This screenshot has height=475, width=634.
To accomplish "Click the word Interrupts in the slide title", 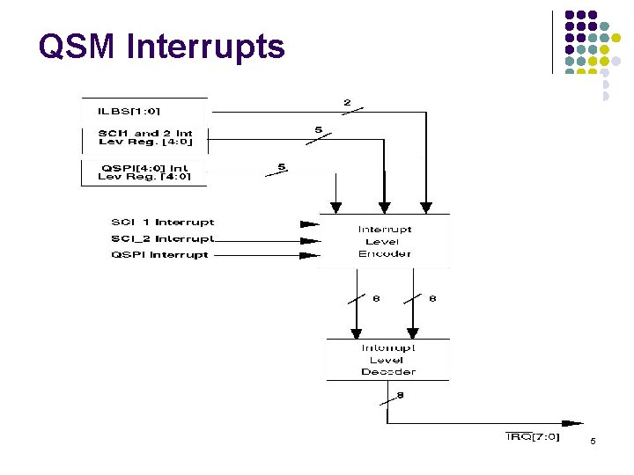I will (206, 46).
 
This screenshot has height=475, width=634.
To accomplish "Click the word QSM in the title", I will (78, 46).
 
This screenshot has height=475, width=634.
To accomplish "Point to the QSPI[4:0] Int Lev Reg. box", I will (144, 172).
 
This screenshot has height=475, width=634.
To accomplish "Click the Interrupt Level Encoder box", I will (384, 241).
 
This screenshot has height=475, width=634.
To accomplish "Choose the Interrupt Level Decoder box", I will (387, 360).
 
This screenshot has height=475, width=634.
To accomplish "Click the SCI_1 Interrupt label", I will (162, 223).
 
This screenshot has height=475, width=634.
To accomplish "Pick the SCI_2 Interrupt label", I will (162, 238).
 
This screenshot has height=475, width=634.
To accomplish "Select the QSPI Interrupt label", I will (159, 255).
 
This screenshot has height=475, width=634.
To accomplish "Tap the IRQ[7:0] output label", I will (533, 437).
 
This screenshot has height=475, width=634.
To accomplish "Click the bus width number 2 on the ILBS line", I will (347, 103).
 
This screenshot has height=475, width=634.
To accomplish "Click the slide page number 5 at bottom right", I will (593, 441).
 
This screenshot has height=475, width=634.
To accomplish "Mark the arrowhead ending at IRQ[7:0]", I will (571, 423).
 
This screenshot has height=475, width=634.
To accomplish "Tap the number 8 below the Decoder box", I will (401, 396).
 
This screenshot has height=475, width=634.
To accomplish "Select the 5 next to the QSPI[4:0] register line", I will (282, 166).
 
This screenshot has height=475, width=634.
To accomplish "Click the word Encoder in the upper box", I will (385, 254).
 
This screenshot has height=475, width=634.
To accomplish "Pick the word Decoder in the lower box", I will (387, 372).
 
